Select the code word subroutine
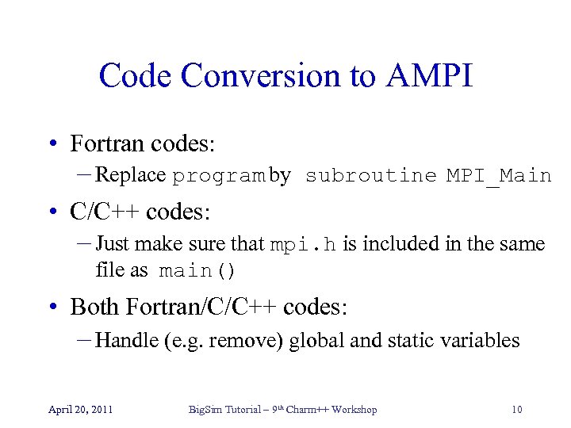(x=370, y=176)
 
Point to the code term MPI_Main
(x=498, y=176)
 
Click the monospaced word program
(x=218, y=176)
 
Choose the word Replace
(x=130, y=175)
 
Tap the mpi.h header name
(x=303, y=245)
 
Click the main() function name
(x=197, y=271)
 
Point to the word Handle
(x=127, y=341)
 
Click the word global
(x=316, y=341)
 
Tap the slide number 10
(x=516, y=410)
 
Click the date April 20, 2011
(x=80, y=410)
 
